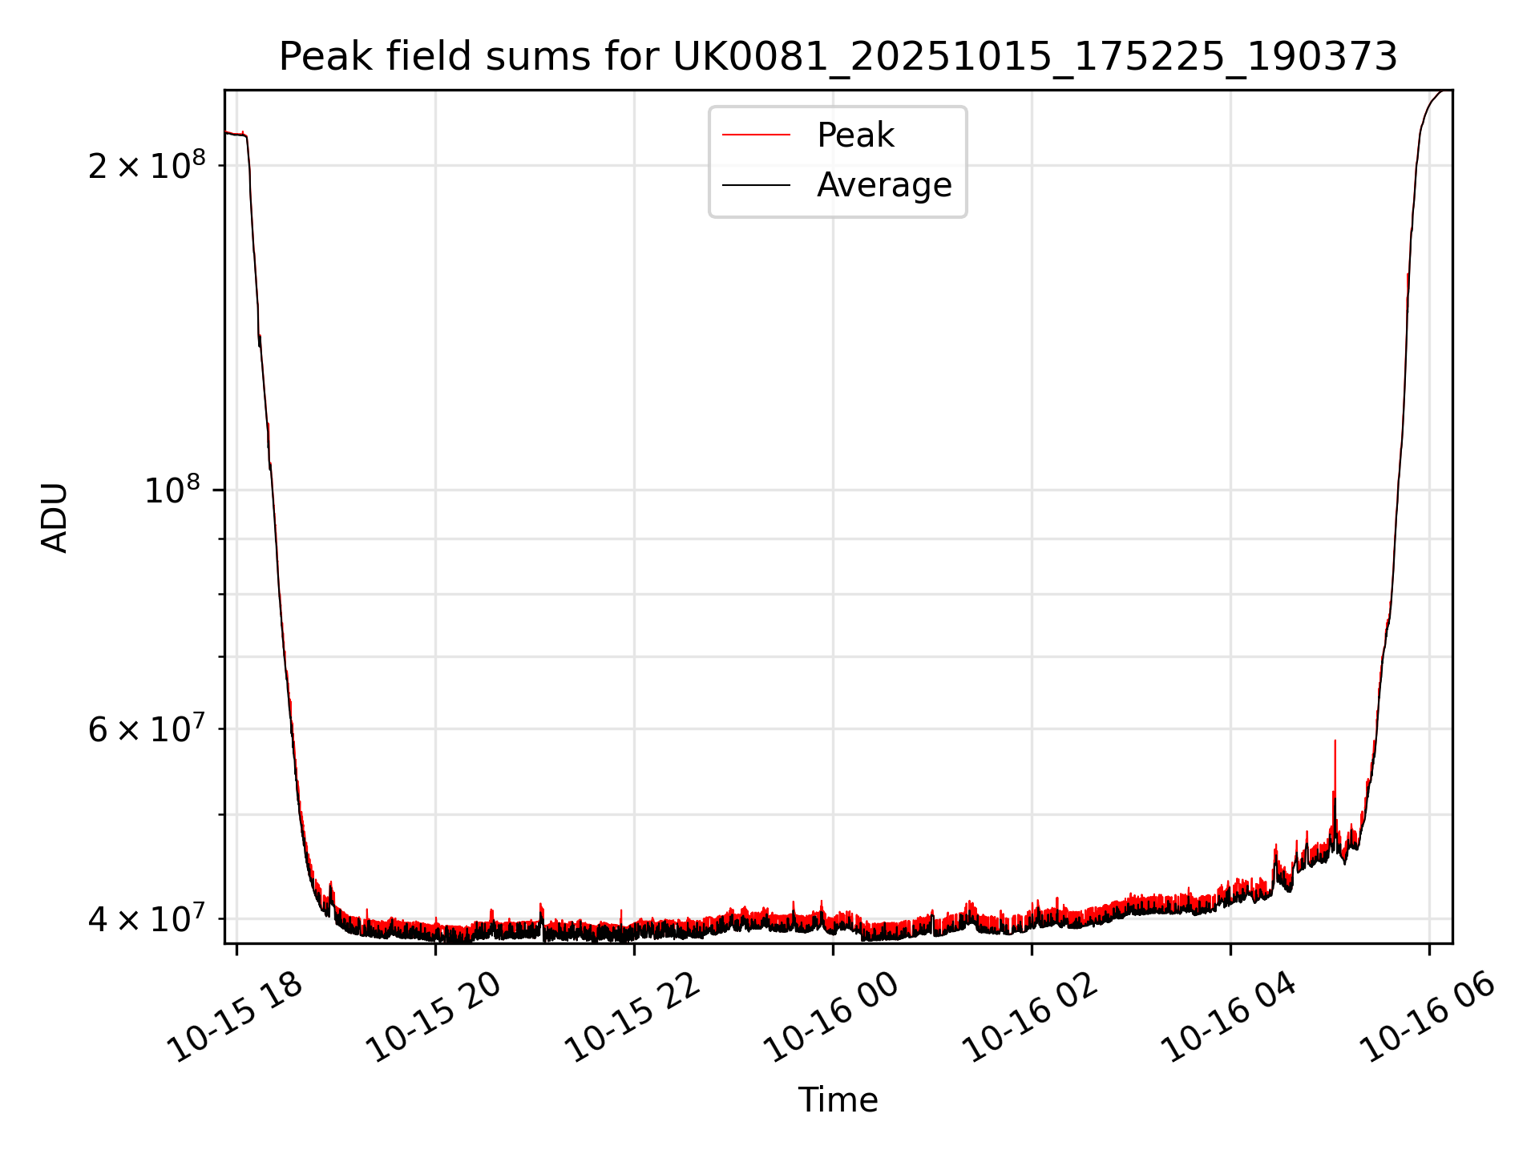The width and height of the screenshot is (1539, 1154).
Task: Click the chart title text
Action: pos(838,57)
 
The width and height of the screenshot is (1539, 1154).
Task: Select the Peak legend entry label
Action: pos(854,135)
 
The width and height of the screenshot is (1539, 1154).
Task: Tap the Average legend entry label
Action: pos(883,185)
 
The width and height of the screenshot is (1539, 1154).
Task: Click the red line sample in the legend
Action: pos(756,135)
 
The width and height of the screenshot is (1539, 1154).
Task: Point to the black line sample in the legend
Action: pos(756,185)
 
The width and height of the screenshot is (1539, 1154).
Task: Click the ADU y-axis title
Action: pos(55,517)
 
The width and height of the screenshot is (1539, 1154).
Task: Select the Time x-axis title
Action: pos(838,1100)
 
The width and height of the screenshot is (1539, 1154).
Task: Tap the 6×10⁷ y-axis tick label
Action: pos(146,728)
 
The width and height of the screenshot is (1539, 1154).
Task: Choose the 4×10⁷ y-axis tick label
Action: pos(146,918)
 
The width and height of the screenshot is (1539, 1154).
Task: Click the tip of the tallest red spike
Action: pos(1335,741)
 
